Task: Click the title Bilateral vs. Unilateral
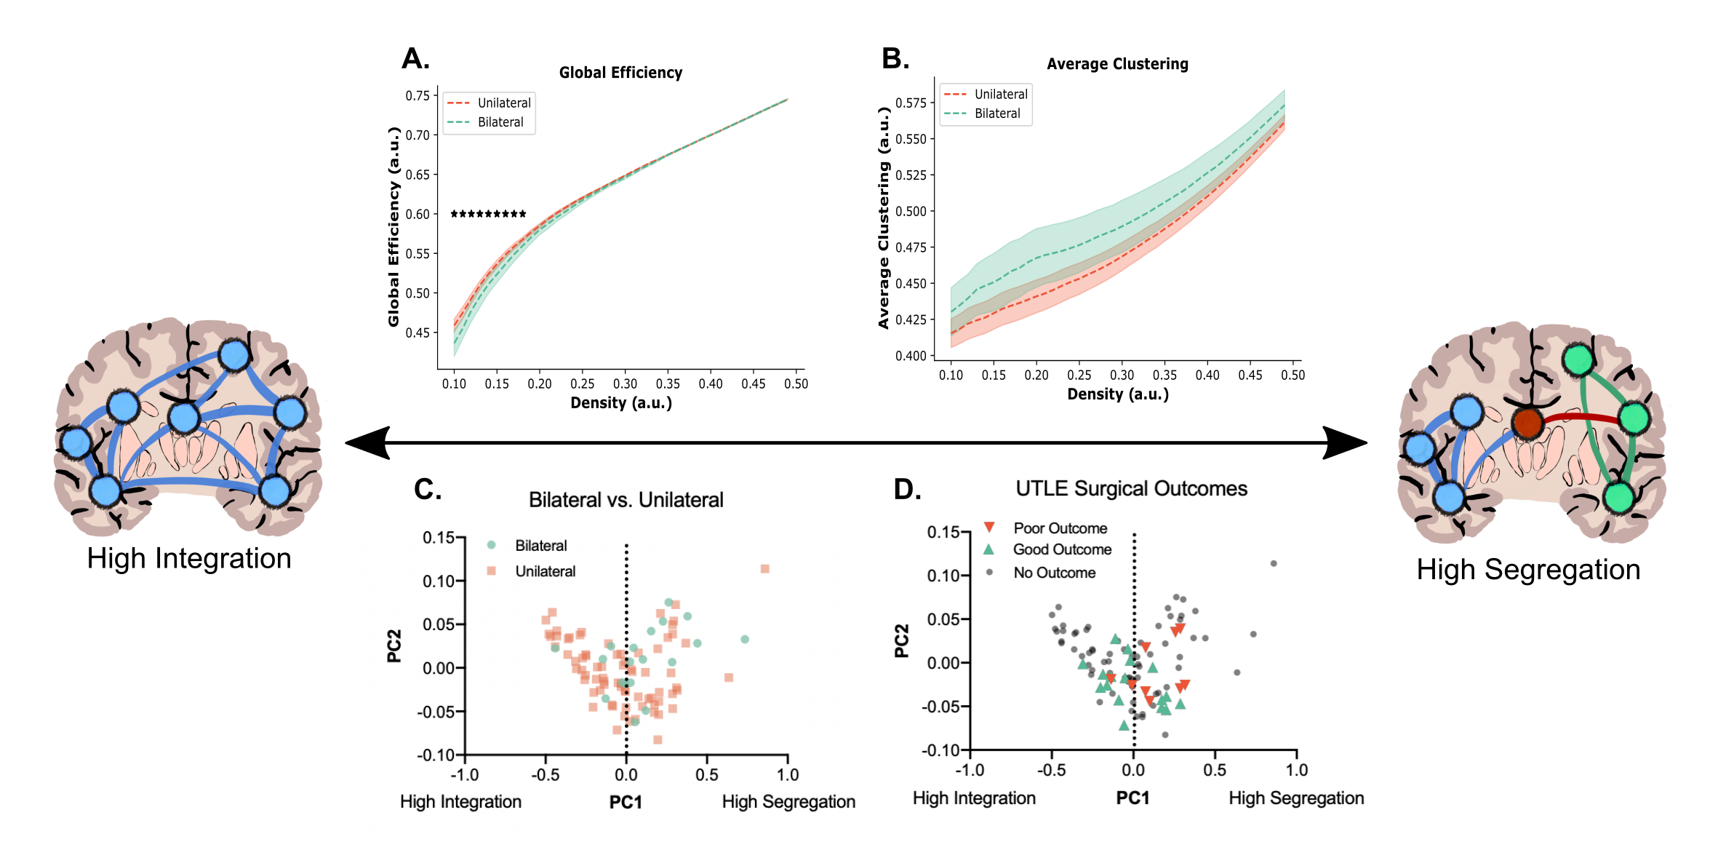(x=626, y=500)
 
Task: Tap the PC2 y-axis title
(x=394, y=646)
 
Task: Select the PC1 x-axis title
(x=626, y=802)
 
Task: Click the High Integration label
(x=460, y=802)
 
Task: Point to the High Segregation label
(x=788, y=802)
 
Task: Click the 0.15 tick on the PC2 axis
(x=439, y=538)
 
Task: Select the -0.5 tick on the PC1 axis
(x=546, y=775)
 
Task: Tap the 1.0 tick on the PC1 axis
(x=788, y=775)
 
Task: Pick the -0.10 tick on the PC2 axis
(x=436, y=755)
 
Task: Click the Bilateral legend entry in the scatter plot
(x=540, y=546)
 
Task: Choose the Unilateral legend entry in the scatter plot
(x=545, y=571)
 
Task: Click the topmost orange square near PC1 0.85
(x=764, y=568)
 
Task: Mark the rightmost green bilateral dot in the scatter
(x=745, y=640)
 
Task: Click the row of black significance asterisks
(x=488, y=214)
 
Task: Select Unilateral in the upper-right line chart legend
(x=1000, y=95)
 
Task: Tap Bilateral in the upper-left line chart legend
(x=500, y=122)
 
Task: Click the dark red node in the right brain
(x=1527, y=423)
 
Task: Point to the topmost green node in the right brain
(x=1578, y=359)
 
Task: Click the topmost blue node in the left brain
(x=234, y=356)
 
